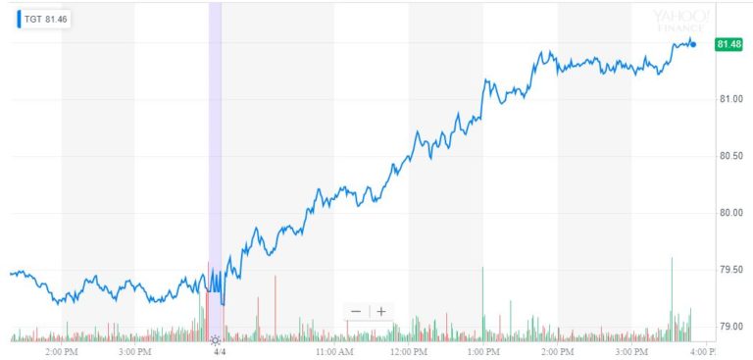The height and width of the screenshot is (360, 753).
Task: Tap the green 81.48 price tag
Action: point(728,44)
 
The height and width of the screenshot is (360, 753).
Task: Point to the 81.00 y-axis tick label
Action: point(731,99)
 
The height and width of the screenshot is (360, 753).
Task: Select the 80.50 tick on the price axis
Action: point(731,156)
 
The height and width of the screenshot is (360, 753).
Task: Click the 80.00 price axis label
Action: point(731,213)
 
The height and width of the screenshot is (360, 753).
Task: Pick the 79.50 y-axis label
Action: point(731,270)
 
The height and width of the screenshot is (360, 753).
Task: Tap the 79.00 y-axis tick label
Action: point(731,326)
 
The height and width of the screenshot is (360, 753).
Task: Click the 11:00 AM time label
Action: point(333,350)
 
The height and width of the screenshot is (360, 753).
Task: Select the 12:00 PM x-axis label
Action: point(409,350)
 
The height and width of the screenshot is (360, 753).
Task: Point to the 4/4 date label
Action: point(220,350)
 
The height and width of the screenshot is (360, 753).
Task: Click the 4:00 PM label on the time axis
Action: point(700,350)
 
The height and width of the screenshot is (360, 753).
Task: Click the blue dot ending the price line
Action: point(693,44)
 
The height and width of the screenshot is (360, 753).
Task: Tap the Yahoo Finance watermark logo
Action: point(681,21)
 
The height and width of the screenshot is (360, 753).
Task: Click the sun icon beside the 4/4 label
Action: point(215,339)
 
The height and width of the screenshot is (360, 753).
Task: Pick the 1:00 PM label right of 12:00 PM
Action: point(483,350)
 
